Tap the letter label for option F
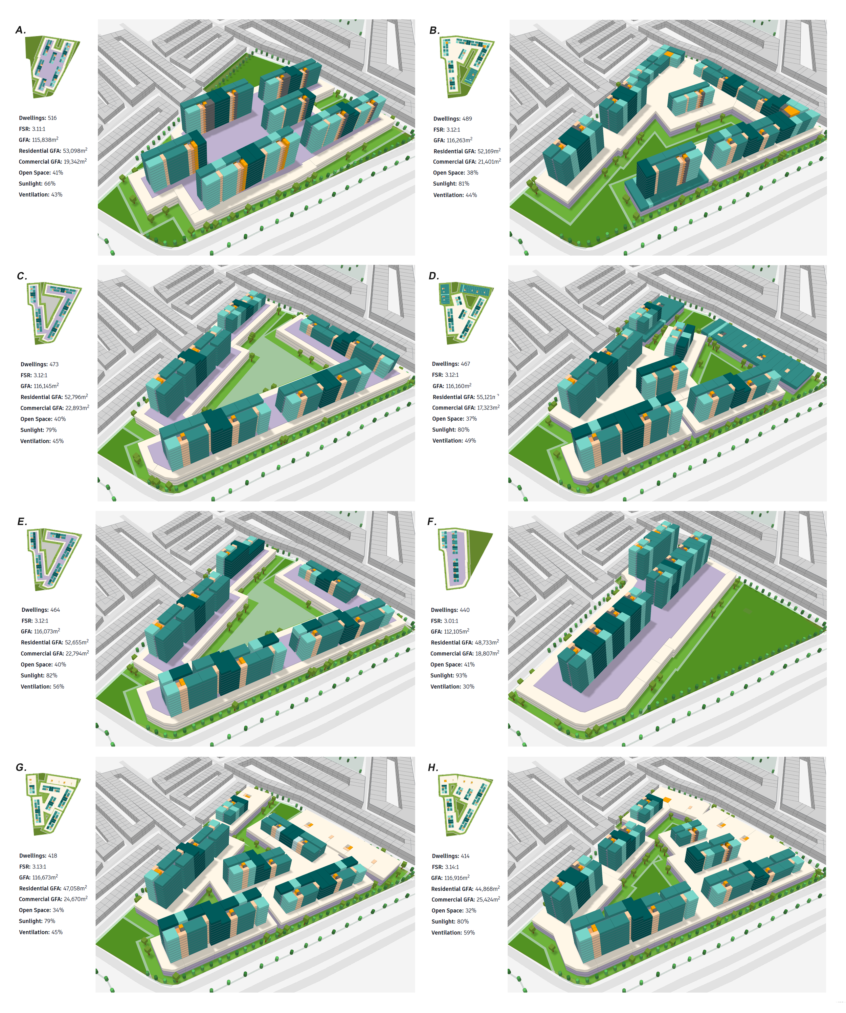[x=432, y=522]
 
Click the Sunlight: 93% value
[x=448, y=676]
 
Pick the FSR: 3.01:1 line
[x=444, y=621]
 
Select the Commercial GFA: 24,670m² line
[x=53, y=899]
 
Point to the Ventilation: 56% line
[x=42, y=687]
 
